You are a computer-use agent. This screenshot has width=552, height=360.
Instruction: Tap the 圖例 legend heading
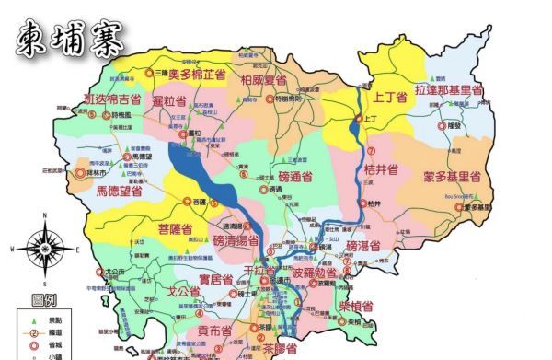44,300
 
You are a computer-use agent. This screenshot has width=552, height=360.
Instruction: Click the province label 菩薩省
175,229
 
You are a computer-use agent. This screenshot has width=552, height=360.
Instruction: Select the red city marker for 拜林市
80,171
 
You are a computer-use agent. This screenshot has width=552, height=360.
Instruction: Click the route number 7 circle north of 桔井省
371,149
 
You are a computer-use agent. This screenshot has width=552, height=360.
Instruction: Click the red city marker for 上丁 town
360,119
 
